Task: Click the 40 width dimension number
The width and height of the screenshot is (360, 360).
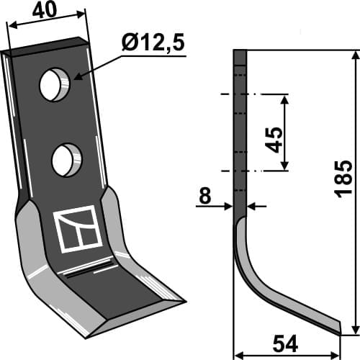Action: (x=47, y=12)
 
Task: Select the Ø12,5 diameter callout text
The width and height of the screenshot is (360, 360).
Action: (x=153, y=44)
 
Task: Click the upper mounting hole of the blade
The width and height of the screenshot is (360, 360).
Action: (x=55, y=85)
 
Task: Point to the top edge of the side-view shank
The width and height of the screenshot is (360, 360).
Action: (x=240, y=50)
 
